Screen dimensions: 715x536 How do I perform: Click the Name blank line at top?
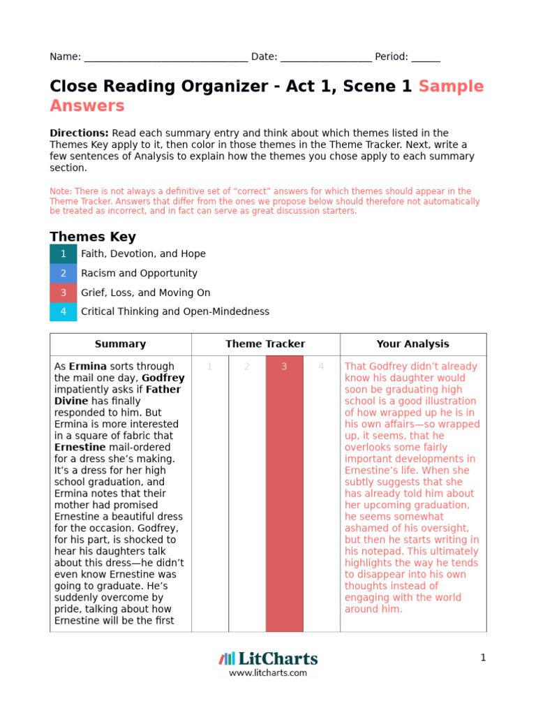coord(165,58)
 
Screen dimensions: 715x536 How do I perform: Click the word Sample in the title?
coord(451,87)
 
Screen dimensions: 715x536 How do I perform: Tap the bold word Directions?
coord(79,133)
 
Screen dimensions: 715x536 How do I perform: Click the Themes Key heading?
coord(93,237)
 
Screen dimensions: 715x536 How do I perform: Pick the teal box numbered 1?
coord(64,254)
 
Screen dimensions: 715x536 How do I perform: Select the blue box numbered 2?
coord(64,274)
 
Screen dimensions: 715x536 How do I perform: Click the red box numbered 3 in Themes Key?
coord(64,293)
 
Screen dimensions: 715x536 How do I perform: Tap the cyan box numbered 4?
coord(64,312)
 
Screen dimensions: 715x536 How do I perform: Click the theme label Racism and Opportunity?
coord(139,274)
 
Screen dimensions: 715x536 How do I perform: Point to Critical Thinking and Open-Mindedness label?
coord(174,312)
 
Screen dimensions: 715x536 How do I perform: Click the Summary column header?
coord(120,344)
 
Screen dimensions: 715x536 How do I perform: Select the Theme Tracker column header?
coord(265,344)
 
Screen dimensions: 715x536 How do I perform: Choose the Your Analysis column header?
coord(413,344)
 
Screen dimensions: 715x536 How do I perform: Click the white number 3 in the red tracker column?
coord(284,367)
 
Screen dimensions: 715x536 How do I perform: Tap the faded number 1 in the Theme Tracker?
coord(209,367)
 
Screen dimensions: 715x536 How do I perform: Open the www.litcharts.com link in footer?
coord(268,673)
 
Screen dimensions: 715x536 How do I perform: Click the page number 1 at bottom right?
coord(482,658)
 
